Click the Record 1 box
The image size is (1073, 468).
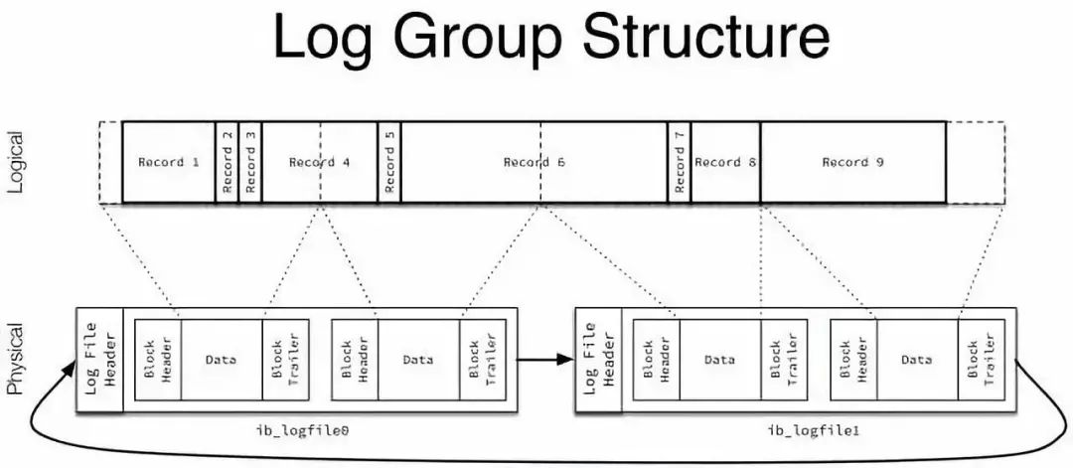168,162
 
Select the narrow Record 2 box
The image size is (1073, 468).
228,162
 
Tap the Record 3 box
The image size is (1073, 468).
250,162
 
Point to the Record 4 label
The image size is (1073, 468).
320,162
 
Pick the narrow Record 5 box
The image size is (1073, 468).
389,162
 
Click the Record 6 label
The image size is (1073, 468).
535,162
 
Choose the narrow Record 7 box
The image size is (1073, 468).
680,162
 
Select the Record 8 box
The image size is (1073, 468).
725,162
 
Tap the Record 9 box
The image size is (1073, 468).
852,162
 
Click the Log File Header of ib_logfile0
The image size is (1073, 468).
99,360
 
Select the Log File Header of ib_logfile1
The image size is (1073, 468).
598,360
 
